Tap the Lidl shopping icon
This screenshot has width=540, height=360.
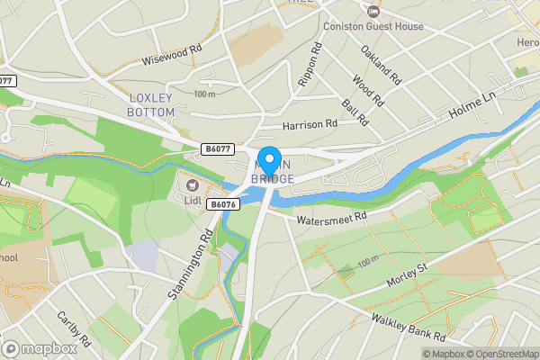(x=192, y=185)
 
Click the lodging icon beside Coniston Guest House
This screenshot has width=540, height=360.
(x=373, y=9)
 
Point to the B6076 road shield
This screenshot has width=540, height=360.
(x=223, y=205)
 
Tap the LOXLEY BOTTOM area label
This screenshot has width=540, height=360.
(x=157, y=104)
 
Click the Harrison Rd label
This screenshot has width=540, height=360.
(x=309, y=124)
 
